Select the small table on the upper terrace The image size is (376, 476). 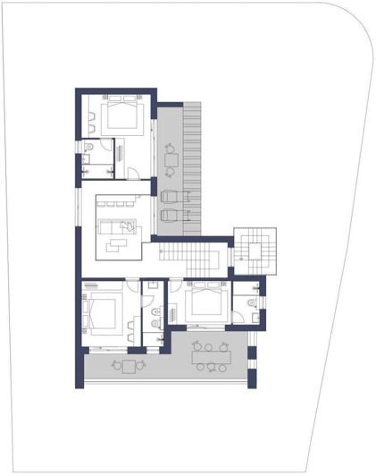[171, 160]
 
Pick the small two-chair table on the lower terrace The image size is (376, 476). [130, 364]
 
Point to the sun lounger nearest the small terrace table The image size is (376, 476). [170, 195]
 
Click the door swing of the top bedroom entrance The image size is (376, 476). [131, 172]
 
